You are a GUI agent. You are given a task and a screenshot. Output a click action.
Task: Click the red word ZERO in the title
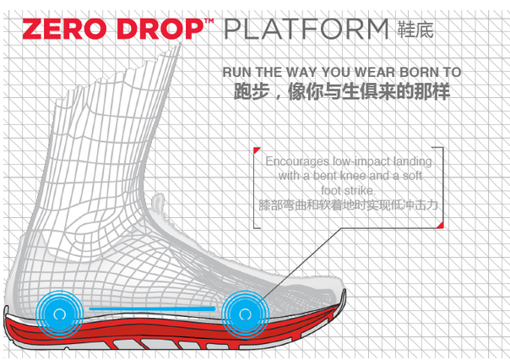point(64,29)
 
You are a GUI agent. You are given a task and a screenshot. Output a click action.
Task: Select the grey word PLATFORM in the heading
point(306,29)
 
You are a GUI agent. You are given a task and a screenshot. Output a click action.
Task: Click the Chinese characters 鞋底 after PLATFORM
point(415,30)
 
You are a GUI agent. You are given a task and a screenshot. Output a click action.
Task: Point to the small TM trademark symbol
point(209,21)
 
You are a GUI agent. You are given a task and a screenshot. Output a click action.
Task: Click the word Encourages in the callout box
point(297,161)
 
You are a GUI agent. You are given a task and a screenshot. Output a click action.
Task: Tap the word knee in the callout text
point(353,176)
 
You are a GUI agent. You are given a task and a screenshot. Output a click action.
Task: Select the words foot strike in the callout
point(348,190)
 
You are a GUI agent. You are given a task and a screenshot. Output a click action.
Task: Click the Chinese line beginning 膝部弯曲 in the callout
point(349,205)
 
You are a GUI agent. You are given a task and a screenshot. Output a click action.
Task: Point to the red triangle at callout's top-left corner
point(257,150)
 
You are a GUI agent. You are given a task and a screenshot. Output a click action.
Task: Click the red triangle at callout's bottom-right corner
point(441,226)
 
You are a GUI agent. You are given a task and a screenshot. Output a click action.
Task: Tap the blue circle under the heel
point(59,314)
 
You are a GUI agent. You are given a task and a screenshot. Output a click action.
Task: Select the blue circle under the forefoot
point(245,314)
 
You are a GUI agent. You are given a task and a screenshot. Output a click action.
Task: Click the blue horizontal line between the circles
point(152,308)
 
